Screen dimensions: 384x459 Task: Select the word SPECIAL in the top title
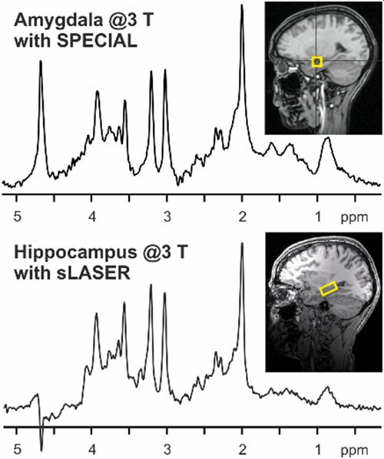(x=96, y=42)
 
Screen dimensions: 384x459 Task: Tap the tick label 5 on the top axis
(x=18, y=217)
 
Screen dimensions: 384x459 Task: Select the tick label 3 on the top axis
(x=167, y=217)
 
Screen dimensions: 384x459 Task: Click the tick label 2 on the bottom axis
(x=242, y=450)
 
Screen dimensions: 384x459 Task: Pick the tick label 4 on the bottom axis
(x=92, y=450)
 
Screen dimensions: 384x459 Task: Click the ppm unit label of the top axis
(x=354, y=219)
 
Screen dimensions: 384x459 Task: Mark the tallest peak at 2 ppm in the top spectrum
(x=242, y=5)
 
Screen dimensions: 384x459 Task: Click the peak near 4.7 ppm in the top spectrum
(x=41, y=61)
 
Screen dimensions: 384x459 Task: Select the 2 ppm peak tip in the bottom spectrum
(x=242, y=243)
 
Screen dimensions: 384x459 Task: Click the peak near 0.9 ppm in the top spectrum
(x=327, y=137)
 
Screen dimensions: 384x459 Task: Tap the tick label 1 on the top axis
(x=318, y=217)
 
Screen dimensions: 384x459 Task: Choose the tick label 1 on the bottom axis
(x=318, y=450)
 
